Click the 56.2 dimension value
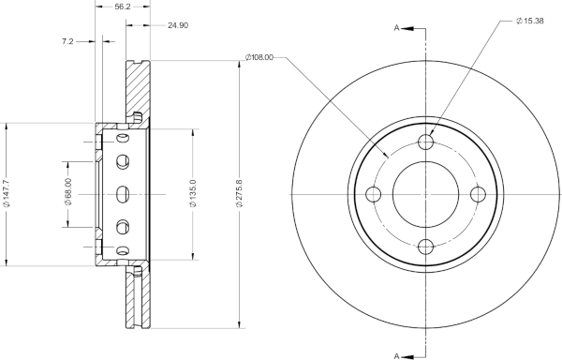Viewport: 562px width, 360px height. (122, 7)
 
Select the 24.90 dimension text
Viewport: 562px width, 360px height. (178, 25)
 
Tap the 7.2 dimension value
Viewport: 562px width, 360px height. (67, 41)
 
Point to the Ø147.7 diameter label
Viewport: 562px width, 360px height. (7, 194)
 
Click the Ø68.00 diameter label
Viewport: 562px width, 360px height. (68, 192)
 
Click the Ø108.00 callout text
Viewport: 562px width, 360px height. (259, 57)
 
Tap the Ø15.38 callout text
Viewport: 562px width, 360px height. (530, 21)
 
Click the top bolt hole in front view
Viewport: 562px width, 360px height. (426, 142)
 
